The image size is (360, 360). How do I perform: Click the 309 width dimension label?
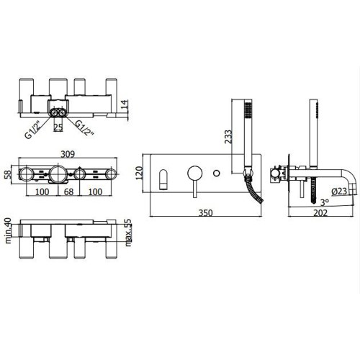[68, 154]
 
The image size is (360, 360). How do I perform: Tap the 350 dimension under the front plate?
[206, 213]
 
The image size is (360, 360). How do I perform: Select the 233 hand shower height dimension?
[228, 136]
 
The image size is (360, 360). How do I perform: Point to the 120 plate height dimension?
[140, 173]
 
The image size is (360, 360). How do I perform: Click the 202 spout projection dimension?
[320, 213]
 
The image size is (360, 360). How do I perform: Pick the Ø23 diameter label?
[339, 192]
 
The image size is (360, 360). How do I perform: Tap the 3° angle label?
[325, 202]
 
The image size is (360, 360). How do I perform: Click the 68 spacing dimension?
[68, 192]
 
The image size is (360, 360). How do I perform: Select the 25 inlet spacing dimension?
[58, 127]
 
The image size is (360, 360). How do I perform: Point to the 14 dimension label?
[125, 106]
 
